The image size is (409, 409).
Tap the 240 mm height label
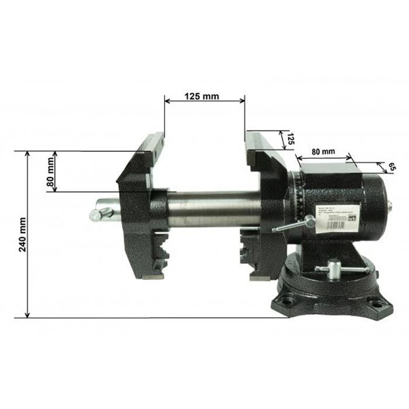click(22, 234)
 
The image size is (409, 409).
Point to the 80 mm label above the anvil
click(323, 151)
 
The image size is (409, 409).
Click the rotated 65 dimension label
click(391, 167)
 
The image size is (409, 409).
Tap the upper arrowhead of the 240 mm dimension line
click(27, 154)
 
